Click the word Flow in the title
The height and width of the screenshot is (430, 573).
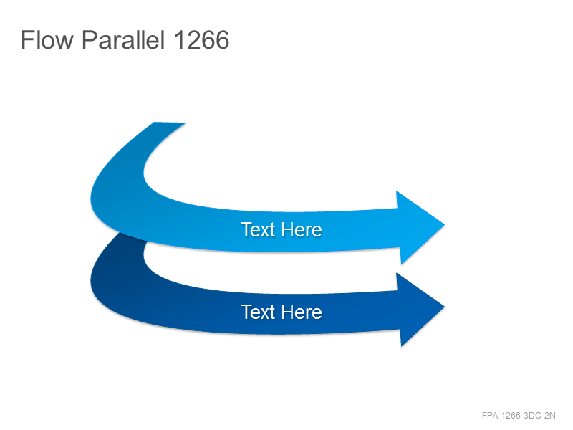coord(47,39)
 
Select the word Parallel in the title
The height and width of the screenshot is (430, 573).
coord(123,39)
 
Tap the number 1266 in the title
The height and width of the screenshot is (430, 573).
coord(202,39)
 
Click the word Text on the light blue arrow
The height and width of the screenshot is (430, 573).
coord(258,229)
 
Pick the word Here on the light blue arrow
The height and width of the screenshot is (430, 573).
coord(302,229)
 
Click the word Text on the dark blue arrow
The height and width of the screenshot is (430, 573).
coord(258,312)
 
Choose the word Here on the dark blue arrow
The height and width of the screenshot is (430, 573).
coord(302,312)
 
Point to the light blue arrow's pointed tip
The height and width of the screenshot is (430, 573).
coord(444,224)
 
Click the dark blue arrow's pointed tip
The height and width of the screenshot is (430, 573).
coord(444,307)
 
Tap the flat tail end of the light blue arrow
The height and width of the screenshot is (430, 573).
coord(170,123)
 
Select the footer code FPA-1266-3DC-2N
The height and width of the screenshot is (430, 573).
coord(519,416)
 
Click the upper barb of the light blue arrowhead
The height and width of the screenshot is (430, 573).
coord(397,191)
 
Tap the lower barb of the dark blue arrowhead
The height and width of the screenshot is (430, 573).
coord(401,345)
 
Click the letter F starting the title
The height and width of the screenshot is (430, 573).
coord(27,39)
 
